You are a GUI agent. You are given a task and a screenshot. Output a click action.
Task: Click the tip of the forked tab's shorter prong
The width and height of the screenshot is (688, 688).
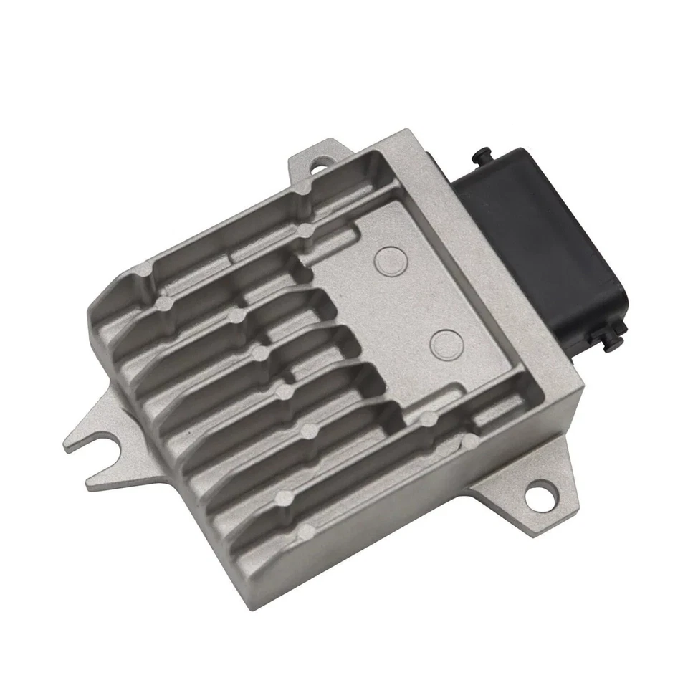pos(92,483)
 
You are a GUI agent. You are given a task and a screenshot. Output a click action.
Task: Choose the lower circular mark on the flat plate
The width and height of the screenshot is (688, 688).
pos(444,340)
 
